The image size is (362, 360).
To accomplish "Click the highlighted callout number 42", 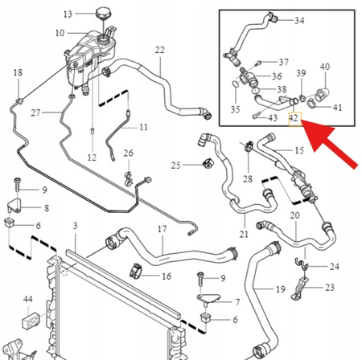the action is tap(294, 118).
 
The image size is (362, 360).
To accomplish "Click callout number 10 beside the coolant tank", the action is tap(60, 33).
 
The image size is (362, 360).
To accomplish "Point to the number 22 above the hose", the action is tap(159, 50).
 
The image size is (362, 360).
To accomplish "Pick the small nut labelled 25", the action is tap(208, 163).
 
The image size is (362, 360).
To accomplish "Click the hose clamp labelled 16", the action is tap(136, 271).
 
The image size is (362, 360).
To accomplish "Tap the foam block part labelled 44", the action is tap(31, 320).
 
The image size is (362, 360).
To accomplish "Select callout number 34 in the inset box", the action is tap(299, 20).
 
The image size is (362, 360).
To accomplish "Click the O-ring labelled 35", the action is tap(235, 84).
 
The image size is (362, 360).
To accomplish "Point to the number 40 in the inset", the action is tap(325, 67).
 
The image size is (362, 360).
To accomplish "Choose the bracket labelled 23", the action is tap(299, 288).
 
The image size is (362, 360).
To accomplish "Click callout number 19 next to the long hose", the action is tap(281, 289).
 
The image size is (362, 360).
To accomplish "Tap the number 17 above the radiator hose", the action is tap(162, 229).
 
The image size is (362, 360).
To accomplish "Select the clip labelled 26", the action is tap(129, 179).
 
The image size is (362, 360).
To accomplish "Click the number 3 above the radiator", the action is tap(76, 226).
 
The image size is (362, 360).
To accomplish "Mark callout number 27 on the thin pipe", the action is tap(35, 112).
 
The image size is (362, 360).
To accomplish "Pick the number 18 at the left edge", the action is tap(18, 72).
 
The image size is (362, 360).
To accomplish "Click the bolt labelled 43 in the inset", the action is tap(256, 116).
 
